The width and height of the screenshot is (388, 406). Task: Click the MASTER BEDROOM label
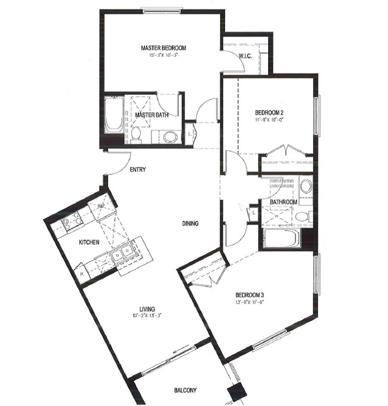pos(164,48)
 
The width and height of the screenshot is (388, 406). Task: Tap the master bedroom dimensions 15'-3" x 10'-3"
pos(164,55)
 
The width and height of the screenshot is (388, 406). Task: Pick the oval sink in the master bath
pos(170,137)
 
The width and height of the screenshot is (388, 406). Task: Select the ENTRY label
pos(138,170)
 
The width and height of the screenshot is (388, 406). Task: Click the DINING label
pos(190,224)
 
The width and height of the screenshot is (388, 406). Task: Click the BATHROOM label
pos(283,202)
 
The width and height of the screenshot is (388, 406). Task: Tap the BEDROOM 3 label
pos(250,295)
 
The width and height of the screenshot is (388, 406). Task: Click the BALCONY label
pos(186,390)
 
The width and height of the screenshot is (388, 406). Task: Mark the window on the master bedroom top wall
pos(162,10)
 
